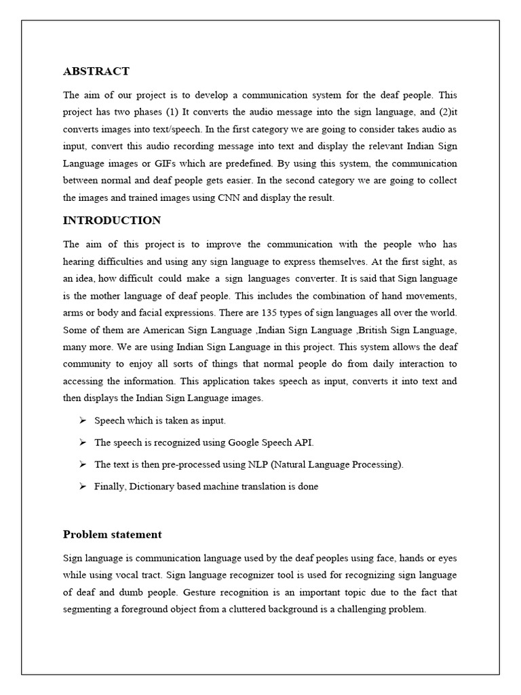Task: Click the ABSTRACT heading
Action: click(96, 71)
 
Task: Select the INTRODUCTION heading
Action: click(112, 221)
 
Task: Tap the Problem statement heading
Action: click(113, 535)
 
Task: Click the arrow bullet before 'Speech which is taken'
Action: click(81, 421)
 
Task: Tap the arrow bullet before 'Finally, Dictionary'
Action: click(81, 487)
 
